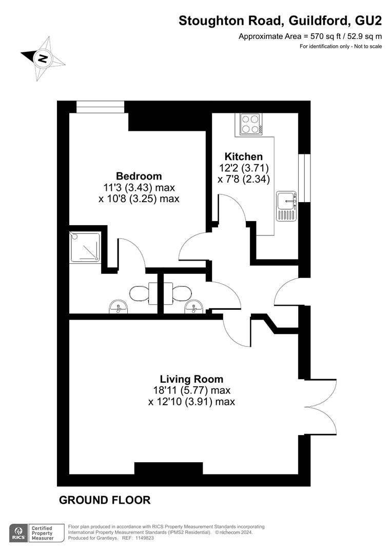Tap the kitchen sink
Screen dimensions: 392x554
pyautogui.click(x=286, y=206)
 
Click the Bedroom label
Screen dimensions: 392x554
pyautogui.click(x=139, y=176)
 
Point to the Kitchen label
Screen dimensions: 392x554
pyautogui.click(x=244, y=156)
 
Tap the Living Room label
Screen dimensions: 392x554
pyautogui.click(x=191, y=379)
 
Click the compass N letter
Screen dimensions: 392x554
pyautogui.click(x=43, y=58)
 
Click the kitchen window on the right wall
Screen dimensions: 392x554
pyautogui.click(x=304, y=177)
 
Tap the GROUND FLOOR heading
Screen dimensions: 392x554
pyautogui.click(x=105, y=500)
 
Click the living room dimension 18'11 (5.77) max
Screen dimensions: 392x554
pyautogui.click(x=191, y=390)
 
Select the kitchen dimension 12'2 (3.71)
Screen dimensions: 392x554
pyautogui.click(x=244, y=167)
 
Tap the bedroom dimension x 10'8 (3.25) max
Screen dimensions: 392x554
pyautogui.click(x=139, y=199)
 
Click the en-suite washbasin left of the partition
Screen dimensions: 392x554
pyautogui.click(x=119, y=306)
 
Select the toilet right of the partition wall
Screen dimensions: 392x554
pyautogui.click(x=179, y=293)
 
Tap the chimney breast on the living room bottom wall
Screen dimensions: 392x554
pyautogui.click(x=169, y=468)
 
